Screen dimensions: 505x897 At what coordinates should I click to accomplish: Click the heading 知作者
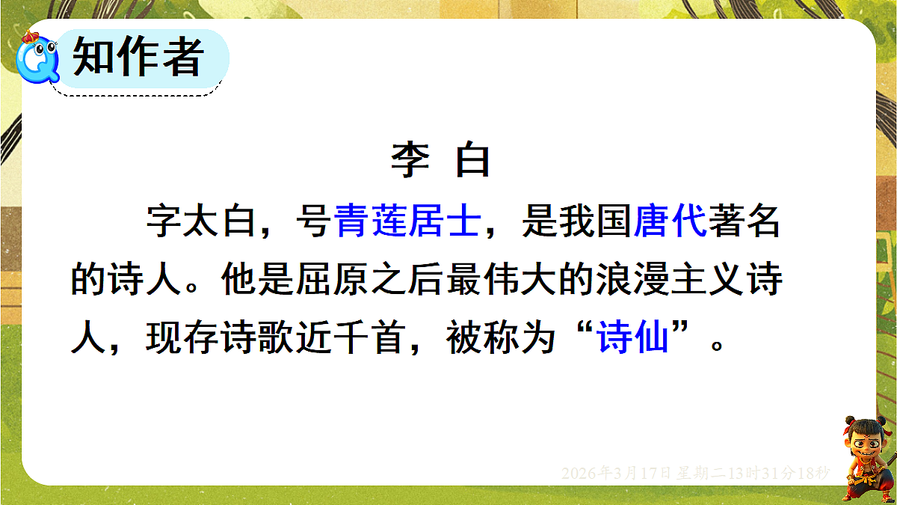coord(139,57)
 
